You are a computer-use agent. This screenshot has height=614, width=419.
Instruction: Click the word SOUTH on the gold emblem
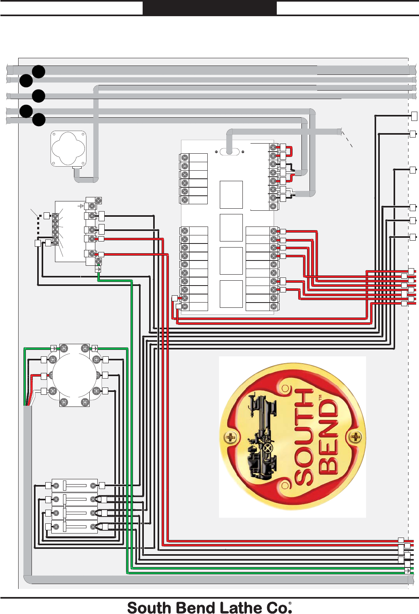(304, 437)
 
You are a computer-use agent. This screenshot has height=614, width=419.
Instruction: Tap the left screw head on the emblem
(231, 437)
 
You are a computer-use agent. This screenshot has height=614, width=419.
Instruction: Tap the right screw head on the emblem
(356, 437)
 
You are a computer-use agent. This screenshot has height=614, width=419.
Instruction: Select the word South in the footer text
(148, 608)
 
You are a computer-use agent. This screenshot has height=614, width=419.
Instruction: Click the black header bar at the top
(209, 8)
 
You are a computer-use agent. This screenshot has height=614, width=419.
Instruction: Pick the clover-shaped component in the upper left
(68, 148)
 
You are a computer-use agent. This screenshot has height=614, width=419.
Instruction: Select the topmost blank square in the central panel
(231, 195)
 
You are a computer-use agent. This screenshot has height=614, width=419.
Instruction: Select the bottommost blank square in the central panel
(231, 294)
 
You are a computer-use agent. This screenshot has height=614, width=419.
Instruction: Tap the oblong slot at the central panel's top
(230, 152)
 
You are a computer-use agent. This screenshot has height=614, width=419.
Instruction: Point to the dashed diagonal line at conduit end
(347, 139)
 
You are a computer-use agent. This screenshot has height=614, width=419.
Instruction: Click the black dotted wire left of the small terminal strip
(38, 227)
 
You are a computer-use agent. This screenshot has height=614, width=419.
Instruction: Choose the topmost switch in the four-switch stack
(75, 485)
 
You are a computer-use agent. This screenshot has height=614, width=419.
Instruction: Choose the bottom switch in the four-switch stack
(75, 527)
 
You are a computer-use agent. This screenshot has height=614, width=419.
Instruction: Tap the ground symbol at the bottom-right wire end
(408, 571)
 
